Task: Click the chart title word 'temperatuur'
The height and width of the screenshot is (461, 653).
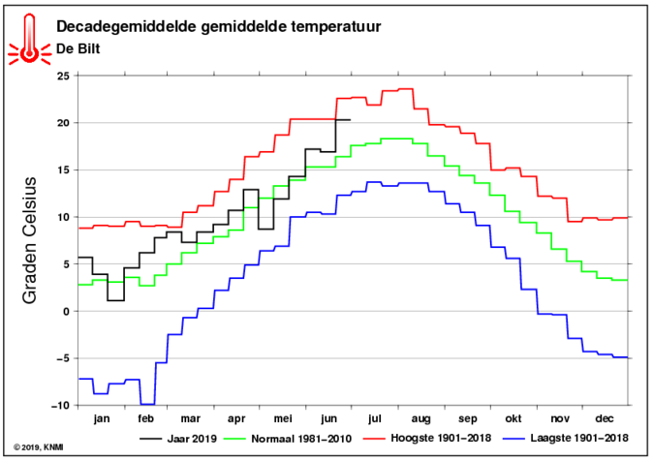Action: [335, 27]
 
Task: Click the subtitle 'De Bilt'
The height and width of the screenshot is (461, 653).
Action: [78, 48]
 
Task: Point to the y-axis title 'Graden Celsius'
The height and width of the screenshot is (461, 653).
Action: [30, 240]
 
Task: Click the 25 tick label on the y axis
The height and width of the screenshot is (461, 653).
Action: [65, 76]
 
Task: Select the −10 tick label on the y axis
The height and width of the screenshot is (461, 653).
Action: [61, 405]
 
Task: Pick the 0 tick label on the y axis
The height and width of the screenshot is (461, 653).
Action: [68, 312]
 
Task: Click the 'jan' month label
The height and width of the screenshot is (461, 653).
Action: [102, 418]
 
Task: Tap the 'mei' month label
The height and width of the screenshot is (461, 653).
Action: [283, 418]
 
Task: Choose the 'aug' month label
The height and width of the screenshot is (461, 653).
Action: [420, 419]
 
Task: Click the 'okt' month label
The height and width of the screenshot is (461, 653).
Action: [513, 418]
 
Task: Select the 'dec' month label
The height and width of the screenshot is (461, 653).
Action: [605, 418]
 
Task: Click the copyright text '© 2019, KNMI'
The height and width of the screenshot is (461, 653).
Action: [39, 447]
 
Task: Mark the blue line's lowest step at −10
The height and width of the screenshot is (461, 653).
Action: [147, 405]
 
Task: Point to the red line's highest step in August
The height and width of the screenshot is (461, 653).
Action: [406, 89]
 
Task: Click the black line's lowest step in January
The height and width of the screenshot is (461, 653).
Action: [115, 300]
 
